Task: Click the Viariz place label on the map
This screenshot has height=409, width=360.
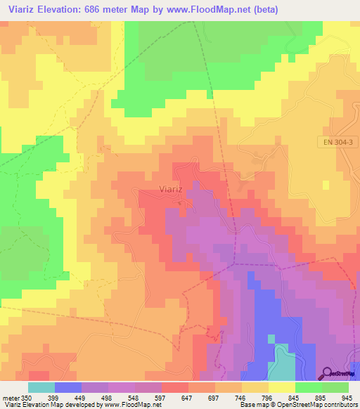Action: [x=173, y=190]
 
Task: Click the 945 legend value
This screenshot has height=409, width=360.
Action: [x=347, y=397]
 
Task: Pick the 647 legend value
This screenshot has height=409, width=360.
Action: [x=187, y=397]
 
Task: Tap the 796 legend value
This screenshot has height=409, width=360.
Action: [x=267, y=397]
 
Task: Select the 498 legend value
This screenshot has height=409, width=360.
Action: [x=107, y=397]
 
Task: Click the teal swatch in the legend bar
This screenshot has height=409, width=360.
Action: [x=41, y=387]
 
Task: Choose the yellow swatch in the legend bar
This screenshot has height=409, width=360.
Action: [x=281, y=387]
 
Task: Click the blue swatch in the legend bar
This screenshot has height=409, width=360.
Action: [x=68, y=387]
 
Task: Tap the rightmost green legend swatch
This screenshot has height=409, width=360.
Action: [x=335, y=387]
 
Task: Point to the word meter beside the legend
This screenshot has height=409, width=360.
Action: [x=10, y=397]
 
